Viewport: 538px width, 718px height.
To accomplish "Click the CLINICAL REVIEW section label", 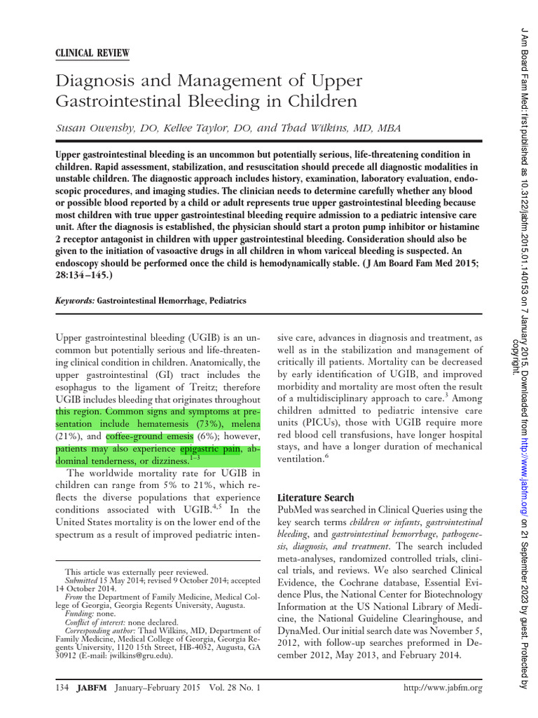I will coord(91,54).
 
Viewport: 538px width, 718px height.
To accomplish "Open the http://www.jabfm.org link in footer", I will coord(444,688).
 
